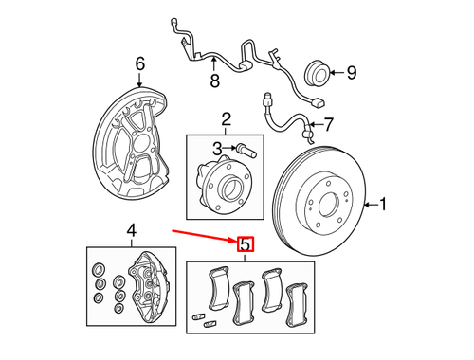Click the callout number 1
(385, 203)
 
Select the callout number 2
(227, 118)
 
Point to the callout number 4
(132, 228)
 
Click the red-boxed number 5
(246, 244)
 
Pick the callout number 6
(139, 64)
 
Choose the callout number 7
(329, 123)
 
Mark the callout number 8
(214, 81)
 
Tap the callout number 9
(350, 71)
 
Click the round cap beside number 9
(314, 71)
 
